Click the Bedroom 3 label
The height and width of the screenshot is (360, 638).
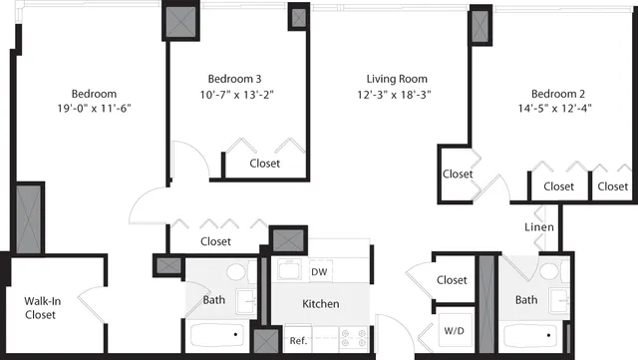[x=235, y=79]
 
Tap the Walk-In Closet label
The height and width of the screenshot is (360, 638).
[x=40, y=306]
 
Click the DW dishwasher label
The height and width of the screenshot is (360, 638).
[x=319, y=271]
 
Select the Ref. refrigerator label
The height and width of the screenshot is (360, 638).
[x=298, y=341]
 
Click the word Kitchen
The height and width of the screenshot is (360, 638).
[x=320, y=304]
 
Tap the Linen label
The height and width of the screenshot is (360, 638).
[x=539, y=227]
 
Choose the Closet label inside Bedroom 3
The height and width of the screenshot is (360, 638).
[x=264, y=164]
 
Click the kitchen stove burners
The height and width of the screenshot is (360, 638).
[x=352, y=338]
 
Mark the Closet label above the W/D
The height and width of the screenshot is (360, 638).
[x=452, y=281]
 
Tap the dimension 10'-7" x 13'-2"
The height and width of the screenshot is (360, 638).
[x=235, y=96]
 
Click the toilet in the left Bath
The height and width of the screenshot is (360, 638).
[x=237, y=272]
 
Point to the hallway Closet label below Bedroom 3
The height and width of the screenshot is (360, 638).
[x=215, y=241]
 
